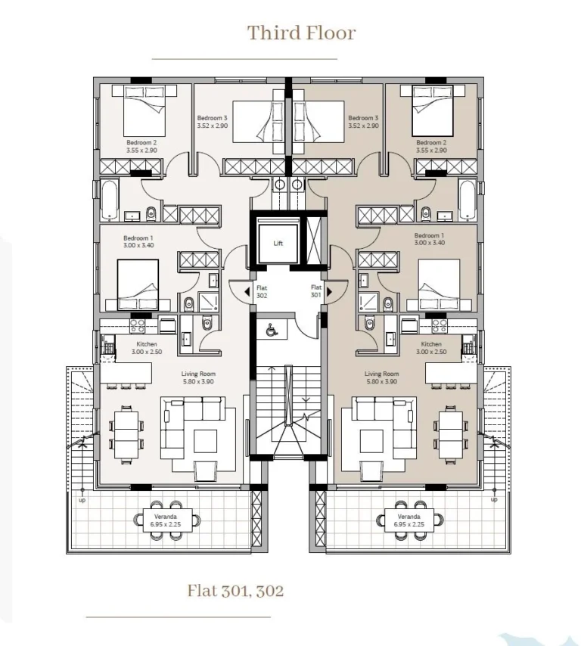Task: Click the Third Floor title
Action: point(301,33)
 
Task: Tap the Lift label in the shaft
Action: point(278,244)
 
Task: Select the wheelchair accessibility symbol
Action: point(271,330)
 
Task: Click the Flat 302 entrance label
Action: point(262,292)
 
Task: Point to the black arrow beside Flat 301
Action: point(329,292)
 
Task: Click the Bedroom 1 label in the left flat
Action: point(138,242)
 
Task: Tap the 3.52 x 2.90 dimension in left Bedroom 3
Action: point(213,126)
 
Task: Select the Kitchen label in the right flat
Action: point(431,344)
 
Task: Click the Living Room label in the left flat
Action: point(199,374)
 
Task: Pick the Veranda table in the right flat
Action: point(409,520)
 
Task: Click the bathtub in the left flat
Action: point(110,200)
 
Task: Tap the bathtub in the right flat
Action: point(468,200)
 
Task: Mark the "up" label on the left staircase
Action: point(82,500)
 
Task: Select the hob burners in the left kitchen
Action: point(138,325)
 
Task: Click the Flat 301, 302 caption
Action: point(235,590)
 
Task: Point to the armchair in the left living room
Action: point(207,471)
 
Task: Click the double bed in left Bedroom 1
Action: point(138,284)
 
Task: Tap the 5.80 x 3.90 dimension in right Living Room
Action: point(381,381)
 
